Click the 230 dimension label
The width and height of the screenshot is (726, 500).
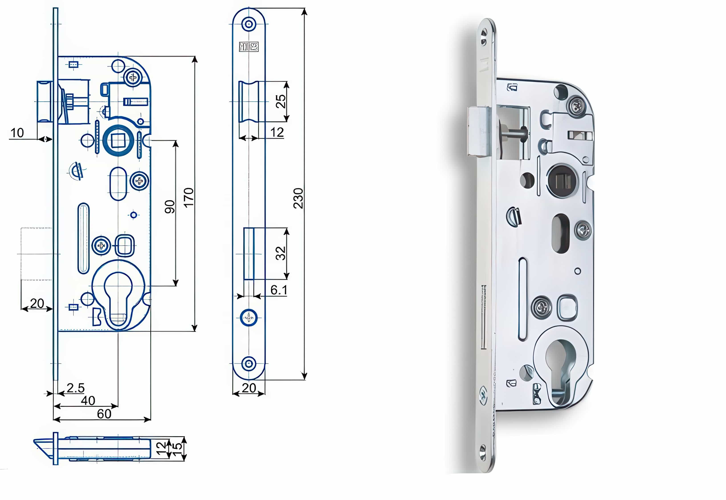pyautogui.click(x=298, y=198)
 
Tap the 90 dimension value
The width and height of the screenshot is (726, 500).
pyautogui.click(x=170, y=207)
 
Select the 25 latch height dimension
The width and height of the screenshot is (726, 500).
pyautogui.click(x=280, y=101)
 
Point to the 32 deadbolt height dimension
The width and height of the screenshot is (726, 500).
pyautogui.click(x=280, y=253)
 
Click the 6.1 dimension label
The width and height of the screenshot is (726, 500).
pyautogui.click(x=278, y=290)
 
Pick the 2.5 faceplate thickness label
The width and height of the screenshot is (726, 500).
pyautogui.click(x=75, y=388)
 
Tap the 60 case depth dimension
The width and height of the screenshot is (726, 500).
pyautogui.click(x=104, y=414)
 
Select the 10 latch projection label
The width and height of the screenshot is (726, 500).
pyautogui.click(x=17, y=133)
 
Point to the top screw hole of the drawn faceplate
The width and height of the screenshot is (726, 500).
pyautogui.click(x=249, y=24)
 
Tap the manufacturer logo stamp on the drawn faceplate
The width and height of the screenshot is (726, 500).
pyautogui.click(x=249, y=47)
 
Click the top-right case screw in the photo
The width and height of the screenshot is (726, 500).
pyautogui.click(x=576, y=107)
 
